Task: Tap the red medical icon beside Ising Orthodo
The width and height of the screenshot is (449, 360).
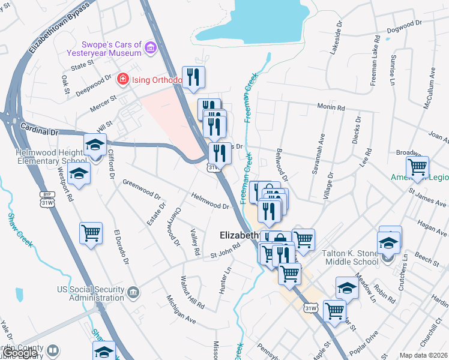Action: click(x=123, y=79)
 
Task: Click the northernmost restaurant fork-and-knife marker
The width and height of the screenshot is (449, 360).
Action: click(x=193, y=77)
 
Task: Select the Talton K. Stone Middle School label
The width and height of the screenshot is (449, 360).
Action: click(x=359, y=257)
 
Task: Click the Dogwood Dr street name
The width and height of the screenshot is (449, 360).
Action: click(x=402, y=26)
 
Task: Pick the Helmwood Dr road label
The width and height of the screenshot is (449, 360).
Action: click(x=210, y=201)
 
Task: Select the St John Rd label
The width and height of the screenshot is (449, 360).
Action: click(x=217, y=254)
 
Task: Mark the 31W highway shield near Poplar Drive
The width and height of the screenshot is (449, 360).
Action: click(x=310, y=308)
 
